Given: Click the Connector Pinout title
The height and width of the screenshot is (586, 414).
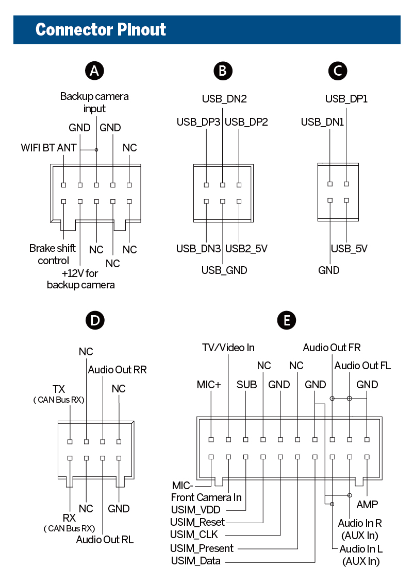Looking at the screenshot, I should [101, 29].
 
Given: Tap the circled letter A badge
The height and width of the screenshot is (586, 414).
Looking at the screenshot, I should [94, 71].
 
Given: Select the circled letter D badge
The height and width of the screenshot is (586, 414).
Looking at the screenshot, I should [94, 320].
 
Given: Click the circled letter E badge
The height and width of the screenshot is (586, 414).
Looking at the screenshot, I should [287, 320].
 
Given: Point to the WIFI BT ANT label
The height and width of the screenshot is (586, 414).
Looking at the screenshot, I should [48, 148].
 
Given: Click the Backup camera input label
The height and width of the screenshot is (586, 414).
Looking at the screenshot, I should [94, 102].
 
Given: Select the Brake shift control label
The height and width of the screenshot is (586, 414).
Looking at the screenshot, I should [53, 254].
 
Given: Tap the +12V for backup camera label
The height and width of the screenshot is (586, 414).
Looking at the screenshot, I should [80, 279].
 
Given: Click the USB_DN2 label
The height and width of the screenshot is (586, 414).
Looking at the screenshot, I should [224, 99].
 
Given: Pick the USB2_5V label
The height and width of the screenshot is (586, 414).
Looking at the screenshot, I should [246, 249].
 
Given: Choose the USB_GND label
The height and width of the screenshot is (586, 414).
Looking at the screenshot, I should [224, 270].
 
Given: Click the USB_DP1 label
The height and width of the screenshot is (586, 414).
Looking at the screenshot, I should [346, 99].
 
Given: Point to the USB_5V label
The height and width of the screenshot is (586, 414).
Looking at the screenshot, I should [349, 249].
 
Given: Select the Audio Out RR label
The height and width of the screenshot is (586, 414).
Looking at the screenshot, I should [117, 370].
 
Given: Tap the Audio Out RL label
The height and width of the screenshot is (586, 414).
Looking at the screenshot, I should [105, 539].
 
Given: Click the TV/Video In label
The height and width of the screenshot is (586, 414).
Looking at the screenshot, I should [228, 348].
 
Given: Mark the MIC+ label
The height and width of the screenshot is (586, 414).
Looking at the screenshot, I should [209, 385].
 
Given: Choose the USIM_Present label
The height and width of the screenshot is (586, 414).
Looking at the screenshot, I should [202, 548].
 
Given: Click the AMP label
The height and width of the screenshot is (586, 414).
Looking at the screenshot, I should [367, 504].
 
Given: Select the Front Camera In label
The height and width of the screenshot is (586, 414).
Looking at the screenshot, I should [206, 497].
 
